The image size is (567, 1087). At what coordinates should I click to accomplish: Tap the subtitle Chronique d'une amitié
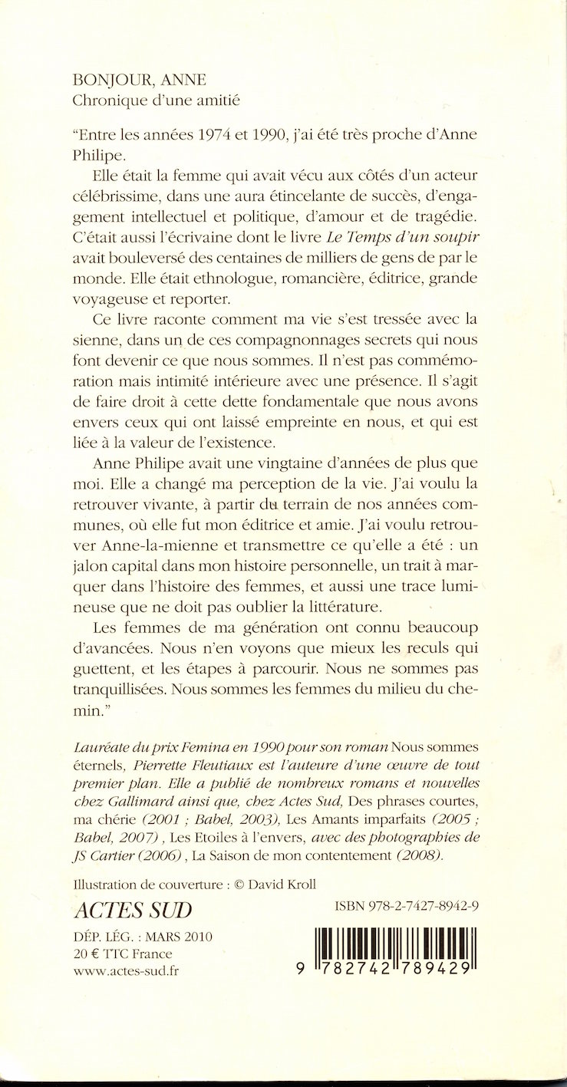(x=149, y=100)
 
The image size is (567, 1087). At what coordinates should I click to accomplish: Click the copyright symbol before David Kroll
(x=238, y=884)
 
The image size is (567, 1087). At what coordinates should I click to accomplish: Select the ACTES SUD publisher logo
(x=131, y=911)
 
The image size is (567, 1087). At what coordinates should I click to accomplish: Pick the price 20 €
(x=84, y=954)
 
